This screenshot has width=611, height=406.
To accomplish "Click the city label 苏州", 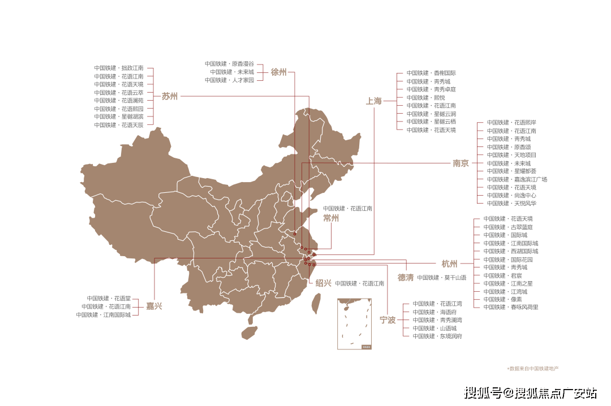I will coord(170,96).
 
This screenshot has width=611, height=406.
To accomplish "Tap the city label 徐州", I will coord(278,72).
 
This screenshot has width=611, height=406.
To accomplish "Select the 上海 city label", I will coord(374,101).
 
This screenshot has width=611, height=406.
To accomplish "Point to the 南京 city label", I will coord(461,163).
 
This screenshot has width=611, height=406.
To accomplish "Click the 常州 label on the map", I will coord(331,218).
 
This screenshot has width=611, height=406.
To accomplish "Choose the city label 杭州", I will coord(450,264).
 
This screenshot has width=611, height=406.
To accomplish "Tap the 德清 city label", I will coord(406,278).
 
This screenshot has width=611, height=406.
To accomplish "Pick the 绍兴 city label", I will coord(324,283).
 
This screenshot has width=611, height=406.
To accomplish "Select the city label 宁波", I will coord(388,320).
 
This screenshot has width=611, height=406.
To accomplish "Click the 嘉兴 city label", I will coord(154,306).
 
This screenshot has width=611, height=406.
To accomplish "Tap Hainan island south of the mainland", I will coord(249,332).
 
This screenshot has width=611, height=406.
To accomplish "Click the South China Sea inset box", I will coord(354,323).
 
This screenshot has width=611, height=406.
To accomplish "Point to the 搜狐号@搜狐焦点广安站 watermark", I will coord(529,392).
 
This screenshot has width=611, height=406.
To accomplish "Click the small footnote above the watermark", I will coord(532,368).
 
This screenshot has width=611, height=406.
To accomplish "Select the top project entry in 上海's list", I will coord(431,73).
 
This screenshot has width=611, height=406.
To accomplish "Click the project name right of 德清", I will coord(441,278).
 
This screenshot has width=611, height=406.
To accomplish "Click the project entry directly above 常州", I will coord(348,208).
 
